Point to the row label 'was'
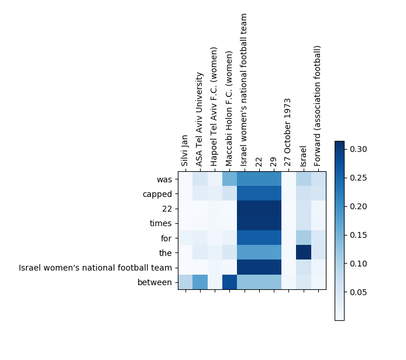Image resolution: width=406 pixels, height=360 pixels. [164, 179]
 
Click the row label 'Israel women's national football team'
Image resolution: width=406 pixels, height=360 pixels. [96, 268]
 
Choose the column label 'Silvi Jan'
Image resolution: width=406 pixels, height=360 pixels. [185, 150]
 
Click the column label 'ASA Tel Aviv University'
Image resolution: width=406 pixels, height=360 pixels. [200, 119]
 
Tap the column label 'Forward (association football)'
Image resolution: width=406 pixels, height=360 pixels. [318, 106]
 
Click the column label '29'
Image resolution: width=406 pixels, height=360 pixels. [274, 161]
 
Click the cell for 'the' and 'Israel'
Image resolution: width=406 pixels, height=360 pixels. [303, 252]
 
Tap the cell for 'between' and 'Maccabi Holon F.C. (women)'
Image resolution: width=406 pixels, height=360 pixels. [229, 282]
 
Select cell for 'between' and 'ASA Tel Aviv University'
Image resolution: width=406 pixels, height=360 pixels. [200, 282]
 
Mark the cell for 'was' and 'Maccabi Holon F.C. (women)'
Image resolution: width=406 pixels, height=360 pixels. [229, 179]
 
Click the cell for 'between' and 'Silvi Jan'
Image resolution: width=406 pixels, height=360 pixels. [185, 282]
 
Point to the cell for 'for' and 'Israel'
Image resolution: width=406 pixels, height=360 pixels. [303, 238]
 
